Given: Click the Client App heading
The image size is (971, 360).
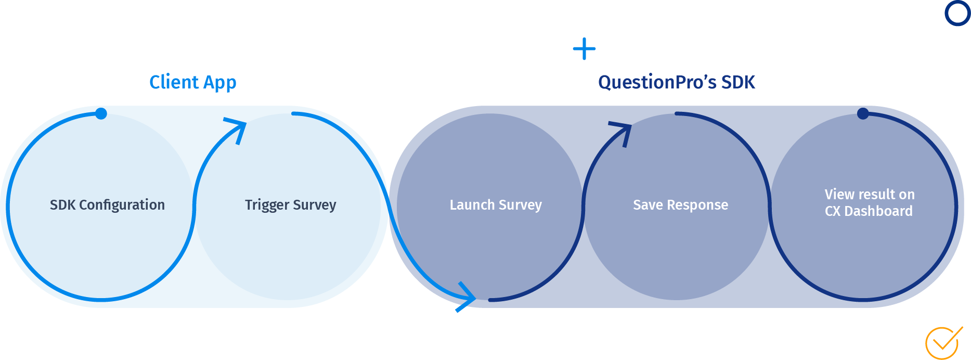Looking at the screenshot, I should click(192, 82).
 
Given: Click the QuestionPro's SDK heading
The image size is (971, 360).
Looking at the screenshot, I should click(676, 82).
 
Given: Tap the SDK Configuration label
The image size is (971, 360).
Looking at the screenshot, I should click(107, 205).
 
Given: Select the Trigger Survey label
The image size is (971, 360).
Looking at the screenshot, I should click(290, 205).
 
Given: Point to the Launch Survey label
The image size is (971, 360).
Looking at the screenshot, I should click(496, 205).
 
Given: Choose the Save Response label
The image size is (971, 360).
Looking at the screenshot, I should click(680, 205).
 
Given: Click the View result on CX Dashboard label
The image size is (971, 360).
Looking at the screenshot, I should click(869, 202).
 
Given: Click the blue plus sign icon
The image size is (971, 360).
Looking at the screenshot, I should click(584, 49).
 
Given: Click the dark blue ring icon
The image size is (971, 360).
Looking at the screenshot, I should click(957, 13).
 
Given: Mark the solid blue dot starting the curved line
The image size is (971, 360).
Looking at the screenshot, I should click(101, 113).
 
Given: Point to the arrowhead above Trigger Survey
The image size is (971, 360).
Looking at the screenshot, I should click(237, 128).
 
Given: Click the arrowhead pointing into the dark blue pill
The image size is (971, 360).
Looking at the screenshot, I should click(466, 298).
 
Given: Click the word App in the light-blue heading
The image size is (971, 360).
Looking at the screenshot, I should click(219, 82).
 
